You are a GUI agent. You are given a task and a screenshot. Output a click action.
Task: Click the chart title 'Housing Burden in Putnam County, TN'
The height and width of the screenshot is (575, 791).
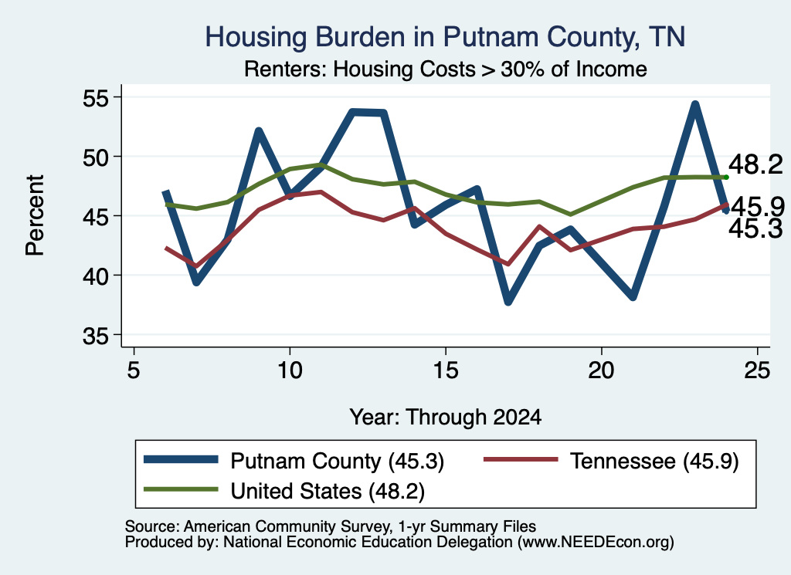click(x=445, y=37)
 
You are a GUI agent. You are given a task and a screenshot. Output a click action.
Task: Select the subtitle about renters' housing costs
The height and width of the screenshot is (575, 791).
click(x=446, y=69)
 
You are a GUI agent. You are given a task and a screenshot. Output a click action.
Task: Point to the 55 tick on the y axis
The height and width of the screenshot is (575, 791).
click(x=96, y=97)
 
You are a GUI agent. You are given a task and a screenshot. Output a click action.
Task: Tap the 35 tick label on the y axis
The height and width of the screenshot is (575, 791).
click(x=96, y=336)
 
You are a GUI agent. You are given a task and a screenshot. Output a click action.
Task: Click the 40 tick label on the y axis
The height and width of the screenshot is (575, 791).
click(x=96, y=276)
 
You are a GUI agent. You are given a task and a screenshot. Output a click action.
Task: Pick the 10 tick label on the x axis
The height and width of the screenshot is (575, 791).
click(x=290, y=370)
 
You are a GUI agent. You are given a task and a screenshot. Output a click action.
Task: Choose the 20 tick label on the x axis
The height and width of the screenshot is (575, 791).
click(x=601, y=370)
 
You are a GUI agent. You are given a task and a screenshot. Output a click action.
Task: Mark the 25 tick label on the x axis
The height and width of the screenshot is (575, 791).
click(x=757, y=370)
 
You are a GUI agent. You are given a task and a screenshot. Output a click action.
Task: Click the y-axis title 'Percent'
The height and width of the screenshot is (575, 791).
click(x=35, y=215)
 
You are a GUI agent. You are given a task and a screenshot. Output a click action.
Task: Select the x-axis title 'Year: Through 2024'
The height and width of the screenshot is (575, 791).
click(x=446, y=418)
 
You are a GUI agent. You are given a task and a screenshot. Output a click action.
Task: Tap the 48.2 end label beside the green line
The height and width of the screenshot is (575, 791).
click(x=755, y=165)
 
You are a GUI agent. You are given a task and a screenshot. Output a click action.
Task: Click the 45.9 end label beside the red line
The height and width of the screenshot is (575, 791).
click(x=758, y=206)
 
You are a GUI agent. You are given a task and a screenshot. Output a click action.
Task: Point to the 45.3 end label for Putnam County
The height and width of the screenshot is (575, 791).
click(x=755, y=228)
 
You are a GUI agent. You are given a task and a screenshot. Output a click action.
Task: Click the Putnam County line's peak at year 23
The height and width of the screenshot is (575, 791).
click(x=695, y=105)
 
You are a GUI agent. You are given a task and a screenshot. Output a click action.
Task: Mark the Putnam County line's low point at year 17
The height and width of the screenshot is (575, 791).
click(x=508, y=301)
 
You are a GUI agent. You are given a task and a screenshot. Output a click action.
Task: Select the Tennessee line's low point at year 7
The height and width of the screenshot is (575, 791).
click(x=196, y=266)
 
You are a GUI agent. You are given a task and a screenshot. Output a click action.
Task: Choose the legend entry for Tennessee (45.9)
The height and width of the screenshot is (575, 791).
click(x=612, y=461)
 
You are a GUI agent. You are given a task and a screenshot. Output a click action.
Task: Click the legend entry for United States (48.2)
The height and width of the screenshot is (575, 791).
click(x=284, y=491)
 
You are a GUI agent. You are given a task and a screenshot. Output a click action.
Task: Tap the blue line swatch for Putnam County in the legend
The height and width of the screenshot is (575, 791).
click(x=181, y=459)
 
